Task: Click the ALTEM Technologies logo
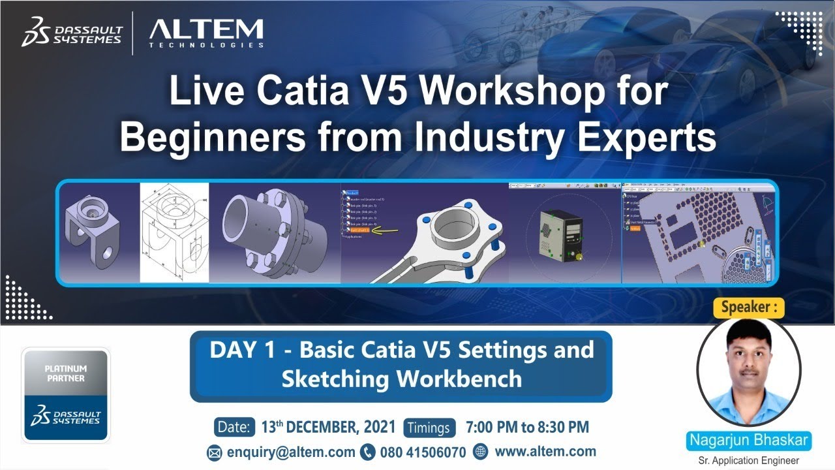[206, 32]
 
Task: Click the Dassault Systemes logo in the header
[72, 33]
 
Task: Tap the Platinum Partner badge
[66, 394]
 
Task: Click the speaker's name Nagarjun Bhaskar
[750, 441]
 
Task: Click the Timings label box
[429, 428]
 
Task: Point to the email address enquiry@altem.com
[291, 452]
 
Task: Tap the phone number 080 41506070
[422, 452]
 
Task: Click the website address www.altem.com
[545, 451]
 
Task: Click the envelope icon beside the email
[215, 452]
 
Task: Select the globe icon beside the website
[480, 451]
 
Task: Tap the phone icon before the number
[368, 452]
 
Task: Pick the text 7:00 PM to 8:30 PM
[527, 428]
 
